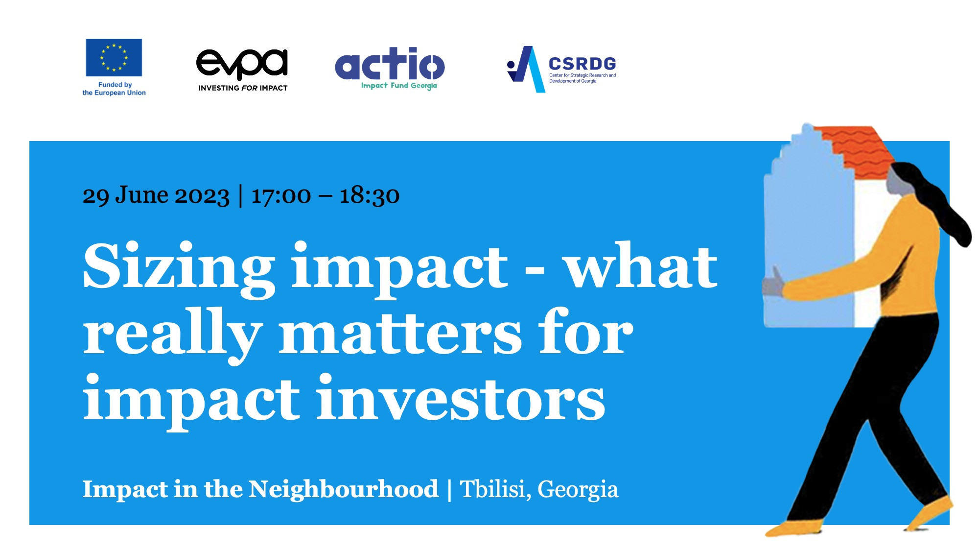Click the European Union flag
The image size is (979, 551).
point(114,58)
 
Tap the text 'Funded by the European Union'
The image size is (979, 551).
point(114,89)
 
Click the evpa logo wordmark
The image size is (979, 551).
point(242,64)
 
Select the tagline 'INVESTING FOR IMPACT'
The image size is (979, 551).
point(243,88)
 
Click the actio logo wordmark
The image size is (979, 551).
point(390,64)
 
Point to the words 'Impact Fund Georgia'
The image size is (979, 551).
point(399,86)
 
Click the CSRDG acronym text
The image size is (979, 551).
point(582,64)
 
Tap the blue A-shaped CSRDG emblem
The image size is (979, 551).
point(526,70)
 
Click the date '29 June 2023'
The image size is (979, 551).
point(156,196)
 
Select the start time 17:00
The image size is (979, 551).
point(281,196)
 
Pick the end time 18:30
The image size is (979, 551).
point(370,196)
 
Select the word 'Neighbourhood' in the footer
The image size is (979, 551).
point(344,489)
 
